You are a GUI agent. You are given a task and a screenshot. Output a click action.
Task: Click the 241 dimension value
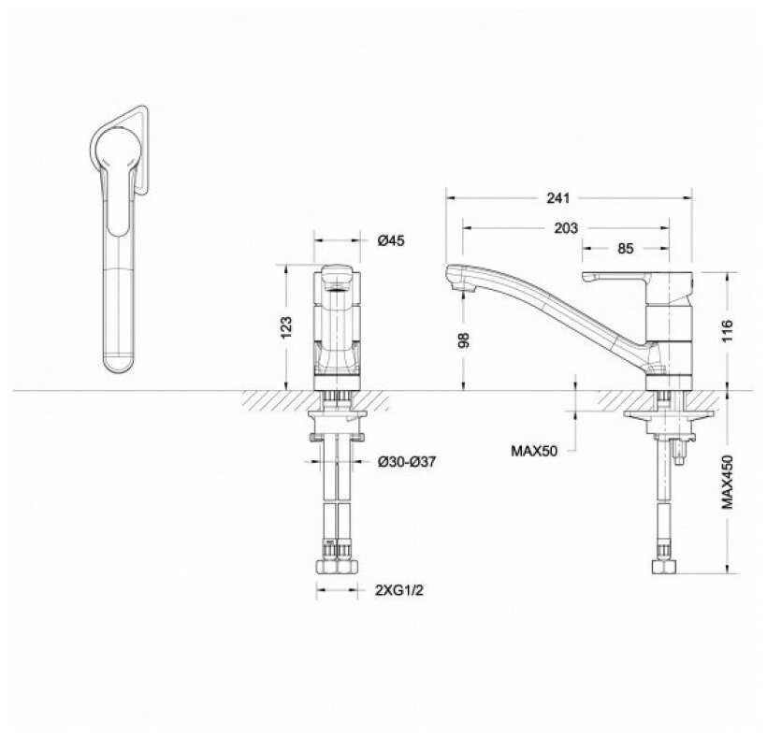[x=558, y=198]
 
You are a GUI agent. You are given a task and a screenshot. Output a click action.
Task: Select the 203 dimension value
[x=566, y=228]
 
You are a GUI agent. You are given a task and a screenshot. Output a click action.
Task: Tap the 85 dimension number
[x=625, y=249]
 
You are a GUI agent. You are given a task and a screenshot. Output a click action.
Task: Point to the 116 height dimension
[x=727, y=330]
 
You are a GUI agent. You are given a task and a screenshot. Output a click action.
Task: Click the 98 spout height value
[x=463, y=340]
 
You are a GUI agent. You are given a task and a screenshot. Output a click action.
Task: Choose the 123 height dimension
[x=286, y=327]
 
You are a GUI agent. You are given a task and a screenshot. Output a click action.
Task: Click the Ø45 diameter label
[x=391, y=240]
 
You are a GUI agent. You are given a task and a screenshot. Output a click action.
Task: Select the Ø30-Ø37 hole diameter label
[x=407, y=461]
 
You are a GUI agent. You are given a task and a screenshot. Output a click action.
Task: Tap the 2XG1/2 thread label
[x=399, y=590]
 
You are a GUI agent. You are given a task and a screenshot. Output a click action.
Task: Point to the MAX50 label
[x=534, y=451]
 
